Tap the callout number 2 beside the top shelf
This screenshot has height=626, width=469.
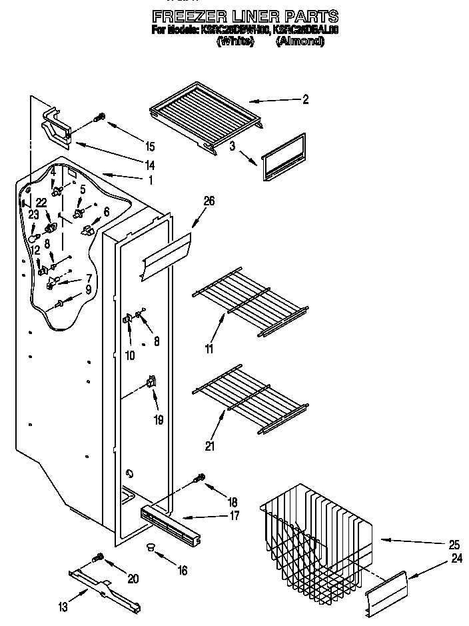tap(305, 101)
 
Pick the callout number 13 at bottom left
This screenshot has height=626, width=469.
tap(63, 606)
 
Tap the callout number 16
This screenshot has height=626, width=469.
tap(183, 570)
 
